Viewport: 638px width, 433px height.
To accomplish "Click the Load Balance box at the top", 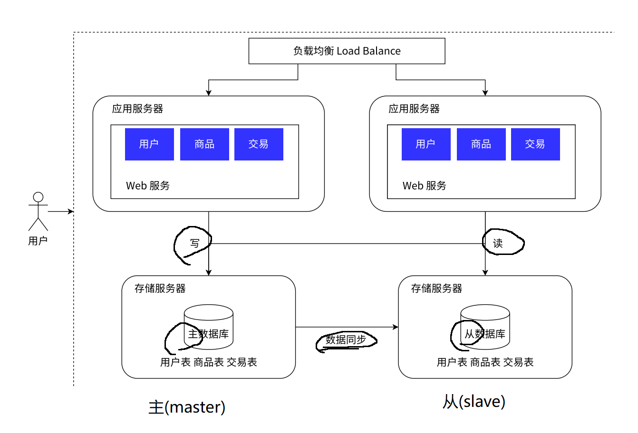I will (x=347, y=51).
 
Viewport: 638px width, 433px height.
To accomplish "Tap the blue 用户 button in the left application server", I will (x=149, y=144).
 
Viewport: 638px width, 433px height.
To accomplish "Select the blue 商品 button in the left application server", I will (x=204, y=144).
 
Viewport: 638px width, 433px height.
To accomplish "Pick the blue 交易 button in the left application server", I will (x=259, y=144).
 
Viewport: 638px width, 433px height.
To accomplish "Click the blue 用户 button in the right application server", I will (x=426, y=144).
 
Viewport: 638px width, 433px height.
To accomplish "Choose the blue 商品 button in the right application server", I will (x=481, y=144).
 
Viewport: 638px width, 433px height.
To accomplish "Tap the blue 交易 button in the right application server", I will (x=535, y=144).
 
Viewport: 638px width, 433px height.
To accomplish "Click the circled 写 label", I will (x=194, y=244).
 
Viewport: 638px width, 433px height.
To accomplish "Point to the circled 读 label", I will (x=498, y=244).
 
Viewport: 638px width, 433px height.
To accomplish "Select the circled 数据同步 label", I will (x=346, y=340).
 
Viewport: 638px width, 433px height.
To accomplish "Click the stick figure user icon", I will (x=38, y=211).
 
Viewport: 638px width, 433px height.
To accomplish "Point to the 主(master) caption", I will (x=187, y=407).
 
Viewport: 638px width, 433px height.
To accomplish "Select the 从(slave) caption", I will (x=474, y=402).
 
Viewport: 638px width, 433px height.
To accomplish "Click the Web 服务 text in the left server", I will (x=148, y=186).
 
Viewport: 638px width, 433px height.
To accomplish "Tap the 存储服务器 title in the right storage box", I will (x=436, y=288).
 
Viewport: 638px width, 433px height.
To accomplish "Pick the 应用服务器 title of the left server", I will (x=137, y=109).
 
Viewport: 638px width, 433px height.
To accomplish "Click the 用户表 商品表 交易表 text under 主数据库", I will (x=209, y=362).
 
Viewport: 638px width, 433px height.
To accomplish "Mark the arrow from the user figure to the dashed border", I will (x=61, y=211).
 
